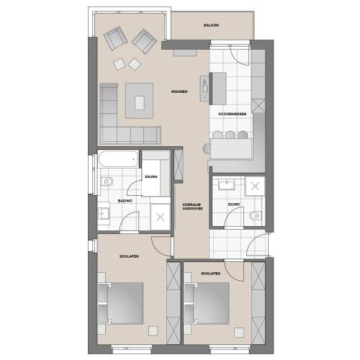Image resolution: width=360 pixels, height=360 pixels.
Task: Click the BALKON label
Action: coord(211,25)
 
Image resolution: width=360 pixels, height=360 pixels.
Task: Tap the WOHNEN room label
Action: coord(179,91)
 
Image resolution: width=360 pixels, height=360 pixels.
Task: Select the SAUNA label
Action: coord(151,176)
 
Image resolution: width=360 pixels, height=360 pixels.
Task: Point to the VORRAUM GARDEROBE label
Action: coord(192,207)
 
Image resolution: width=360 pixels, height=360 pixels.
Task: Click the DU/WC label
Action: coord(234,204)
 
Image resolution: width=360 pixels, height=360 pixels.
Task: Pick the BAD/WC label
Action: coord(125,201)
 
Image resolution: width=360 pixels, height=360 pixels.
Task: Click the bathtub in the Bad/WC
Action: coord(118,158)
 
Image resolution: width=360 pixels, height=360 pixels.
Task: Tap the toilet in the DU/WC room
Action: coord(254,216)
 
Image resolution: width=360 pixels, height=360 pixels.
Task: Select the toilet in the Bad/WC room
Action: coord(107,181)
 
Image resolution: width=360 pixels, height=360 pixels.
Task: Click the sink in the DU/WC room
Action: coord(226,185)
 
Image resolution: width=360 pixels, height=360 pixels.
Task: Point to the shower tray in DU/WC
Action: coord(255,186)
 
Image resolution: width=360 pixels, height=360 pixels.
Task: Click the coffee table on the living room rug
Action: coord(139,103)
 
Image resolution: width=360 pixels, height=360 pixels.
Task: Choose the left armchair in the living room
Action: coord(115,38)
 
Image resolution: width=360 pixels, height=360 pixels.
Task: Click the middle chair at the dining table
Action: coord(230,135)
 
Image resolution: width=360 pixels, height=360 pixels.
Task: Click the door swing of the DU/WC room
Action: coord(234,217)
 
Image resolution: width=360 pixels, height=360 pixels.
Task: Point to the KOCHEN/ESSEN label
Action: coord(233,114)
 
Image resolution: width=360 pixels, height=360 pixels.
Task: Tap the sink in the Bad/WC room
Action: coord(104,213)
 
